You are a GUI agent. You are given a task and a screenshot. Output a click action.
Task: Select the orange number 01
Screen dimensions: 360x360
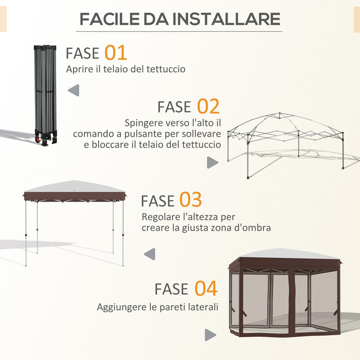click(116, 52)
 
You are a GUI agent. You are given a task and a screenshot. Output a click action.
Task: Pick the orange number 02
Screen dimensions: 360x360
click(208, 106)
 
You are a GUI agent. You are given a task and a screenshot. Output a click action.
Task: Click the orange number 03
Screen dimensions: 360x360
click(190, 200)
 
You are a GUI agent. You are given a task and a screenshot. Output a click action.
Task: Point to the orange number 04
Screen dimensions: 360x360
click(206, 289)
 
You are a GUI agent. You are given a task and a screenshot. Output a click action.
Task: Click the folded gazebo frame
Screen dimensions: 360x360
click(45, 93)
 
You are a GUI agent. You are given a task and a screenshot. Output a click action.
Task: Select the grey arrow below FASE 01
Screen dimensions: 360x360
click(74, 91)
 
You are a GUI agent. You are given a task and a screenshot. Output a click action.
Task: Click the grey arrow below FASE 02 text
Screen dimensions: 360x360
click(212, 163)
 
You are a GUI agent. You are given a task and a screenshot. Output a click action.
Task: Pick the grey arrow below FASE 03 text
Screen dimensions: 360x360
click(150, 254)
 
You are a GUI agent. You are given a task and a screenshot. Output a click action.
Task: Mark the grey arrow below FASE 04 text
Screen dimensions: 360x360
click(210, 335)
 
